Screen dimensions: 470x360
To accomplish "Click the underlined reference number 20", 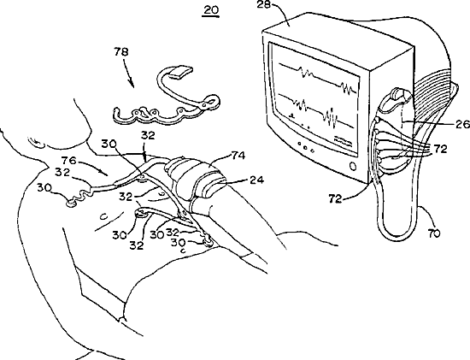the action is point(211,11).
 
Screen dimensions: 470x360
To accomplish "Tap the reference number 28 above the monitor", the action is point(263,4).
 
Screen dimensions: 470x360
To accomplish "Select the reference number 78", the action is point(121,52).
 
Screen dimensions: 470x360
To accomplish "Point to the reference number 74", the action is point(238,156).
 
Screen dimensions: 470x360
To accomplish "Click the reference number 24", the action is point(256,180).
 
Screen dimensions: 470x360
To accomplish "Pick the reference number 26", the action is point(462,124).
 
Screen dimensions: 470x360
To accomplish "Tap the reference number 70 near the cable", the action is point(432,233).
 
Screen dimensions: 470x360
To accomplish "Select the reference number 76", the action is point(69,161).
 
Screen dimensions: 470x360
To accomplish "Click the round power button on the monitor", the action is point(353,166).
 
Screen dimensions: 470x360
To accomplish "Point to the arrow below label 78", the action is point(128,74).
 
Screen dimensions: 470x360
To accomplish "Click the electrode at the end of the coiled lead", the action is point(71,204).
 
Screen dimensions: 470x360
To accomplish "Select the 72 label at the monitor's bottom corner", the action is point(335,198).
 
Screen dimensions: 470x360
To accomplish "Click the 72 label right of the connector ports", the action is point(439,149).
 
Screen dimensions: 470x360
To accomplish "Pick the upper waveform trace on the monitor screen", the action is point(318,77).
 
